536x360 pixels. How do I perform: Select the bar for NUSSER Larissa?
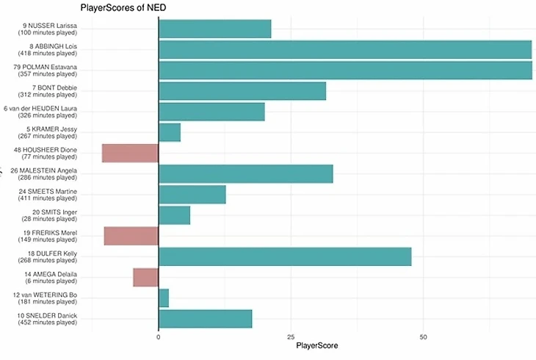pyautogui.click(x=214, y=29)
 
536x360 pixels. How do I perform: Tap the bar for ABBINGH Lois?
pyautogui.click(x=345, y=49)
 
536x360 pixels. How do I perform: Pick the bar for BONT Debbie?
pyautogui.click(x=242, y=91)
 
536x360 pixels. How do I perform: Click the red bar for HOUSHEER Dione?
pyautogui.click(x=130, y=153)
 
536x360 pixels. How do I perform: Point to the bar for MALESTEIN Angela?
pyautogui.click(x=245, y=173)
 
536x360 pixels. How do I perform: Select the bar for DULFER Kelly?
pyautogui.click(x=285, y=256)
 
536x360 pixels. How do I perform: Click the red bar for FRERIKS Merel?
pyautogui.click(x=131, y=236)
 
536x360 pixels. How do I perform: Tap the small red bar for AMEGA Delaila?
pyautogui.click(x=145, y=277)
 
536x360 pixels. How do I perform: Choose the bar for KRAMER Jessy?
pyautogui.click(x=169, y=132)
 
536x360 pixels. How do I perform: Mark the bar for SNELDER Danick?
pyautogui.click(x=205, y=319)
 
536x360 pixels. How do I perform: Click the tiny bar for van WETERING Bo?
pyautogui.click(x=163, y=298)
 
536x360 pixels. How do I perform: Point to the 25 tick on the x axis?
pyautogui.click(x=291, y=337)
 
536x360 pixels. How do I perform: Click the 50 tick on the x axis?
pyautogui.click(x=423, y=337)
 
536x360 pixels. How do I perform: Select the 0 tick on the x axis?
pyautogui.click(x=159, y=337)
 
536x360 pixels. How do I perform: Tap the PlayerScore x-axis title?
pyautogui.click(x=316, y=346)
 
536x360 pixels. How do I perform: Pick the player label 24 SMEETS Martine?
pyautogui.click(x=48, y=195)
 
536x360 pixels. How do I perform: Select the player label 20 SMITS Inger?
pyautogui.click(x=48, y=215)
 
